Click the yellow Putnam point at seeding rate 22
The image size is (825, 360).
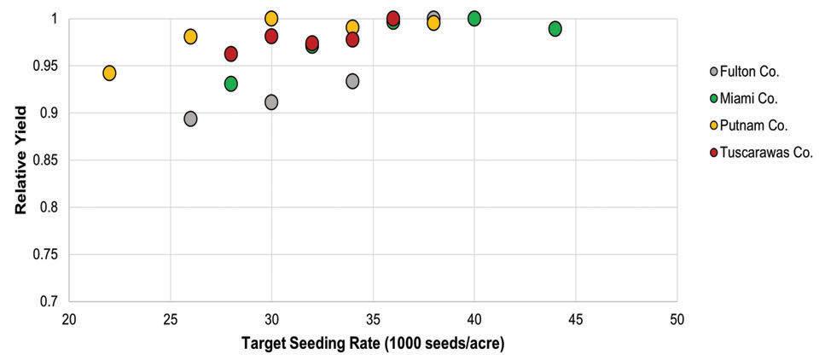[x=109, y=73]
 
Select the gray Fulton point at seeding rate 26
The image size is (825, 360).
[x=190, y=119]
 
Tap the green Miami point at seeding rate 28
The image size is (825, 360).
[x=231, y=84]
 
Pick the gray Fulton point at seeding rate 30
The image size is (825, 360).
[x=271, y=102]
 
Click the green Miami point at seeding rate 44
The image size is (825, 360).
[x=555, y=29]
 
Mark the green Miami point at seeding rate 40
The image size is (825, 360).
[x=474, y=19]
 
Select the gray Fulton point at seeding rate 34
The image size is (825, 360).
[x=352, y=81]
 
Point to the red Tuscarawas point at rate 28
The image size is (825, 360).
[x=231, y=54]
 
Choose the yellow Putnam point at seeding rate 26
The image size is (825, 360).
[x=190, y=37]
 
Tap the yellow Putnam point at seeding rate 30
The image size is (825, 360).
[x=271, y=19]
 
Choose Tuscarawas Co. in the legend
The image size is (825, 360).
[x=762, y=154]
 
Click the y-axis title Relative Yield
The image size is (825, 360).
[x=20, y=160]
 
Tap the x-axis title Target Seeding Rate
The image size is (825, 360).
[x=373, y=343]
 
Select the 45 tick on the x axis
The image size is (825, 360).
[x=576, y=319]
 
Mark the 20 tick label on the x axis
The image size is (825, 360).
[x=69, y=319]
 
